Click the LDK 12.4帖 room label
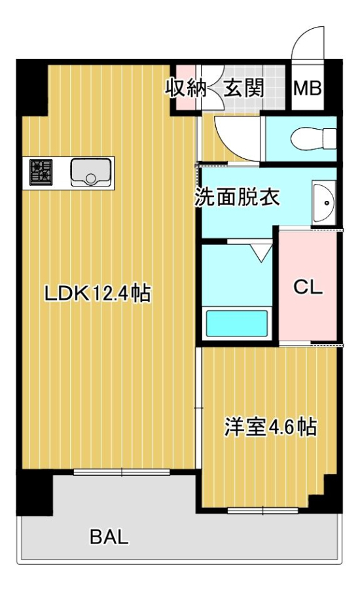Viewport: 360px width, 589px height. pyautogui.click(x=98, y=293)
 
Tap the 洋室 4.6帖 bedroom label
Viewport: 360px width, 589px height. pyautogui.click(x=270, y=427)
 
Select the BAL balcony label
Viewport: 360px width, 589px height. pyautogui.click(x=109, y=537)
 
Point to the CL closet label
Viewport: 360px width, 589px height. pyautogui.click(x=308, y=288)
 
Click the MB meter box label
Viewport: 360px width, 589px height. pyautogui.click(x=308, y=88)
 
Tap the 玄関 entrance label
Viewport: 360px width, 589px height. pyautogui.click(x=243, y=88)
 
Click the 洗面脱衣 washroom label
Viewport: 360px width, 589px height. pyautogui.click(x=237, y=197)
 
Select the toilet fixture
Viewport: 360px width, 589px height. pyautogui.click(x=314, y=139)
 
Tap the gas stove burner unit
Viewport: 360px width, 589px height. pyautogui.click(x=41, y=172)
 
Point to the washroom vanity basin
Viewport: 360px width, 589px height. pyautogui.click(x=323, y=203)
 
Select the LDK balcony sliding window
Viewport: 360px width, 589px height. pyautogui.click(x=121, y=472)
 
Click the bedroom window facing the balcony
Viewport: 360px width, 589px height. pyautogui.click(x=262, y=510)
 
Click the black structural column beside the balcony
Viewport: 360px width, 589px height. pyautogui.click(x=34, y=492)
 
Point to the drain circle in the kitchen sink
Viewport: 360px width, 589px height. pyautogui.click(x=91, y=179)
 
